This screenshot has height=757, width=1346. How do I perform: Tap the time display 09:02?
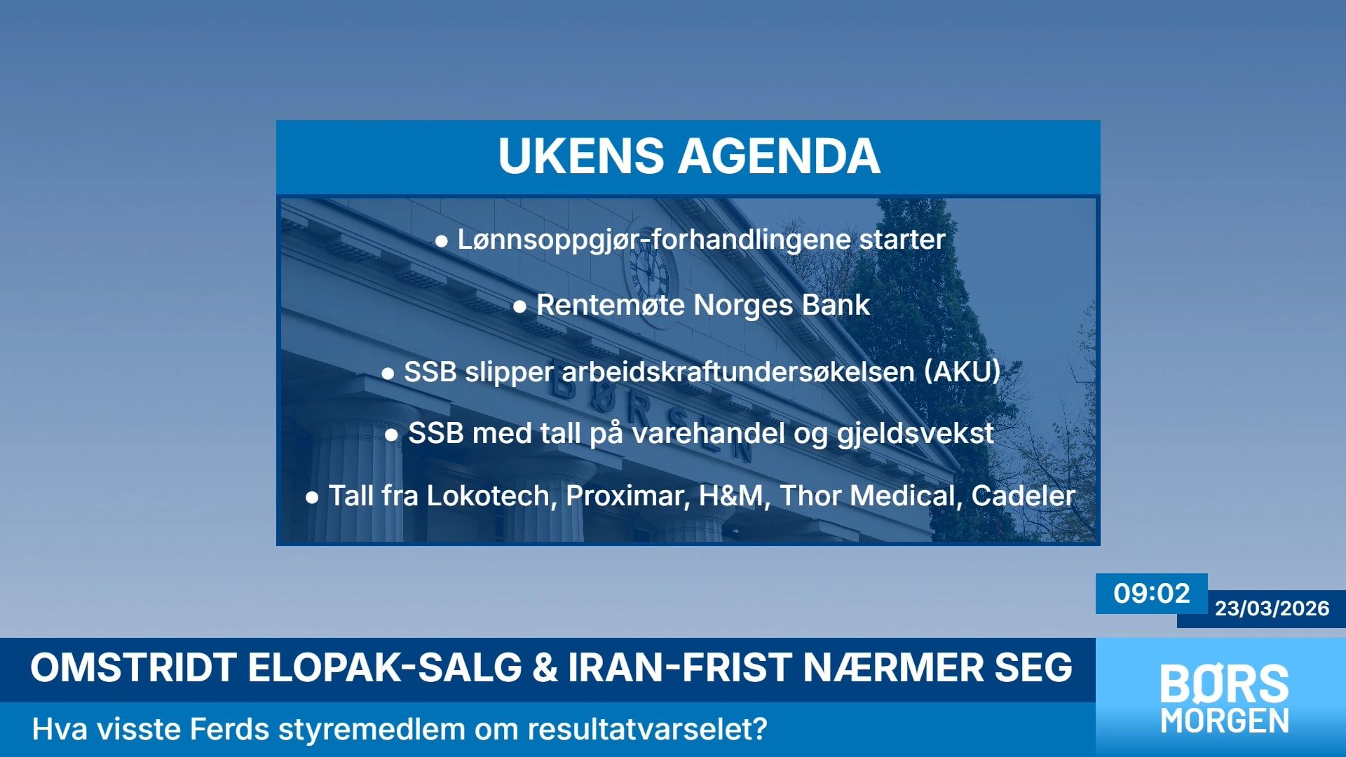tap(1152, 594)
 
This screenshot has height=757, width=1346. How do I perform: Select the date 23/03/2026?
tap(1272, 608)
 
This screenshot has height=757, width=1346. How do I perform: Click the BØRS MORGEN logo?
tap(1224, 699)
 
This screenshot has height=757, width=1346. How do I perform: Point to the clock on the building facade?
tap(649, 271)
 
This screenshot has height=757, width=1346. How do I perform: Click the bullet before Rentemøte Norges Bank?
tap(519, 307)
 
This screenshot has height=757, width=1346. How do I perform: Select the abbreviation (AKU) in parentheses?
tap(962, 371)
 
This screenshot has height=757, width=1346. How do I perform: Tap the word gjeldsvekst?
tap(916, 434)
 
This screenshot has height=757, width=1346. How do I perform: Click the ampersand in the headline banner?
tap(545, 667)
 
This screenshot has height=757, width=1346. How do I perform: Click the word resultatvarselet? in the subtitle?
tap(647, 730)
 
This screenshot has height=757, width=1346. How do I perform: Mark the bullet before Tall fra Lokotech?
tap(312, 498)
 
